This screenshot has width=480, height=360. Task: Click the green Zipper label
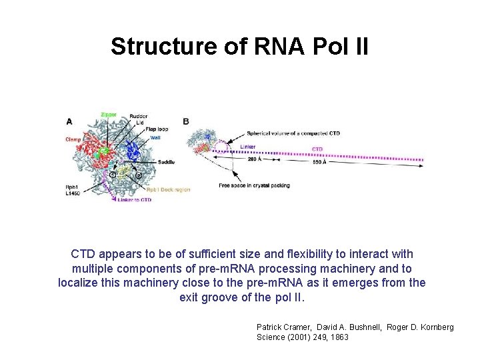pos(108,114)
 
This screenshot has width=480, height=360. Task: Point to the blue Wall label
pos(155,138)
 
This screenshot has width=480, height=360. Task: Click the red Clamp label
pos(74,139)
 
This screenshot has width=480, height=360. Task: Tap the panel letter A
pos(69,121)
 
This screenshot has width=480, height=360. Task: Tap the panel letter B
pos(185,121)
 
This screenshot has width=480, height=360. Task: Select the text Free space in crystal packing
pos(254,185)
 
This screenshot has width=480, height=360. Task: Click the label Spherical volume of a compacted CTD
pos(293,133)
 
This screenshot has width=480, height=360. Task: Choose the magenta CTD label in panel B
pos(318,149)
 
